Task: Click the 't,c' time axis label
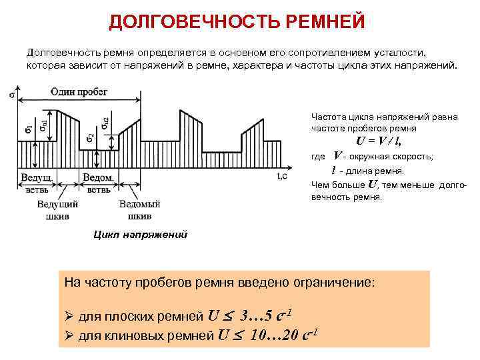[282, 176]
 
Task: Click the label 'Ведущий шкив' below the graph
[59, 209]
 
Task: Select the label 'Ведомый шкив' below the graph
[139, 209]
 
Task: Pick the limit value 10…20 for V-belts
[273, 334]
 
